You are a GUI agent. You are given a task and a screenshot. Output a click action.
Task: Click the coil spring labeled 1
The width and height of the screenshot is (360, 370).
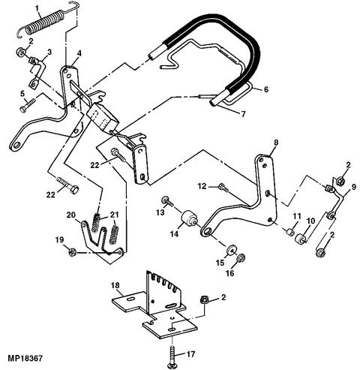pyautogui.click(x=47, y=22)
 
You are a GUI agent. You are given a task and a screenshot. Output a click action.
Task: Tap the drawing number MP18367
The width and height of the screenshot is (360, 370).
pyautogui.click(x=25, y=358)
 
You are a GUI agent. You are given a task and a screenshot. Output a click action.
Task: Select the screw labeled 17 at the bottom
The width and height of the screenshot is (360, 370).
pyautogui.click(x=172, y=356)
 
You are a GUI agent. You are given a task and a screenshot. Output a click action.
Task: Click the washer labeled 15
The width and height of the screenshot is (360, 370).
pyautogui.click(x=231, y=250)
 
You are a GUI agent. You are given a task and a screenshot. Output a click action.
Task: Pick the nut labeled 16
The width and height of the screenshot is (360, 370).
pyautogui.click(x=241, y=257)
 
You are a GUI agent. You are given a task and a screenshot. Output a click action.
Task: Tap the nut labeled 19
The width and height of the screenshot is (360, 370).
pyautogui.click(x=72, y=252)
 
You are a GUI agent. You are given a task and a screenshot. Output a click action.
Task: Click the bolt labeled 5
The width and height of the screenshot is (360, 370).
pyautogui.click(x=27, y=105)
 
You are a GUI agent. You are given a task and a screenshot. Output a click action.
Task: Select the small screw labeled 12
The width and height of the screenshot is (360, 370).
pyautogui.click(x=223, y=188)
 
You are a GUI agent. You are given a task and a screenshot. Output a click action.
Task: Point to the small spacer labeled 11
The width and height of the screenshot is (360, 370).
pyautogui.click(x=289, y=232)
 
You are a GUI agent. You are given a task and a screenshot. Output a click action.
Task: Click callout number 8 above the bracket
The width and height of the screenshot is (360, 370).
pyautogui.click(x=276, y=143)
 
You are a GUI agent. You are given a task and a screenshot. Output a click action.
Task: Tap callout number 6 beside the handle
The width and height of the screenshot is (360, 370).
pyautogui.click(x=265, y=89)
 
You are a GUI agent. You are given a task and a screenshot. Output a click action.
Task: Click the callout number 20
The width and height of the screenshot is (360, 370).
pyautogui.click(x=71, y=215)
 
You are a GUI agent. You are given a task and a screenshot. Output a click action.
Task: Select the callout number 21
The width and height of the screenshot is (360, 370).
pyautogui.click(x=115, y=215)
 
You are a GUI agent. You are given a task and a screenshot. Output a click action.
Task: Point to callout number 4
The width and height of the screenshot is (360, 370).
pyautogui.click(x=79, y=53)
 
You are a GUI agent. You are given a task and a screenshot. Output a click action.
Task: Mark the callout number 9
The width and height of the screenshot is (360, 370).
pyautogui.click(x=353, y=187)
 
